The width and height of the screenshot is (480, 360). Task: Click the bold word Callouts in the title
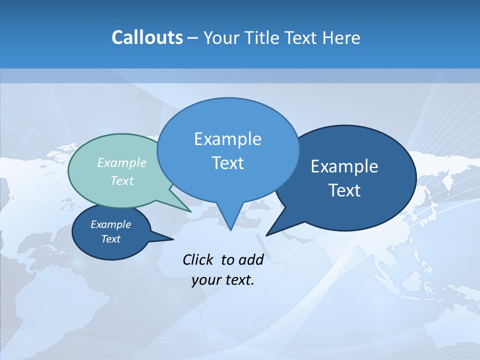pos(147,37)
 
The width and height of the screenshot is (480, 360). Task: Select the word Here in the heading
pos(342,37)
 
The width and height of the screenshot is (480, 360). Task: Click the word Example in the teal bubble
pos(122,162)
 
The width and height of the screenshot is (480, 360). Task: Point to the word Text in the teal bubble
pos(122,180)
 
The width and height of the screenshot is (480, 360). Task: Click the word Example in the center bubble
pos(227,139)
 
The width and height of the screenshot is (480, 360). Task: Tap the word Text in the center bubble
pos(227,163)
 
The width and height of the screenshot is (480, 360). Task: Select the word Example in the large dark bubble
pos(344,166)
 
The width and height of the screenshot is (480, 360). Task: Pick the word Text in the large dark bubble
pos(344,190)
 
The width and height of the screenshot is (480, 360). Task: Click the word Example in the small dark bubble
pos(110,224)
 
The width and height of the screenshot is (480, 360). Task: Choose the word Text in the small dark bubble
pos(110,239)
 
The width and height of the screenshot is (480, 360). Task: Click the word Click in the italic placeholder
pos(198,259)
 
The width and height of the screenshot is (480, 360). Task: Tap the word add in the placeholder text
pos(250,259)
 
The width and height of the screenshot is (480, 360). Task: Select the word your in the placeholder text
pos(205,280)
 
